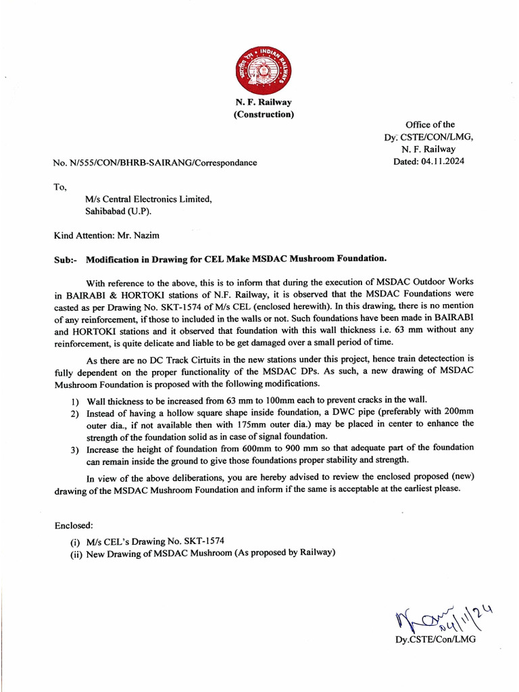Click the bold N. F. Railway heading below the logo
pyautogui.click(x=264, y=103)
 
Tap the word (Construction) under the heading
pyautogui.click(x=264, y=114)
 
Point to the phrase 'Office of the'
pyautogui.click(x=430, y=124)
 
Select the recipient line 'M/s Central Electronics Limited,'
pyautogui.click(x=148, y=199)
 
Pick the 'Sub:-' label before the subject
pyautogui.click(x=66, y=259)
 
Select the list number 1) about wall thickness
pyautogui.click(x=75, y=400)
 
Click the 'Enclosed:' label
pyautogui.click(x=74, y=525)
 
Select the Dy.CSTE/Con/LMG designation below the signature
pyautogui.click(x=436, y=639)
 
